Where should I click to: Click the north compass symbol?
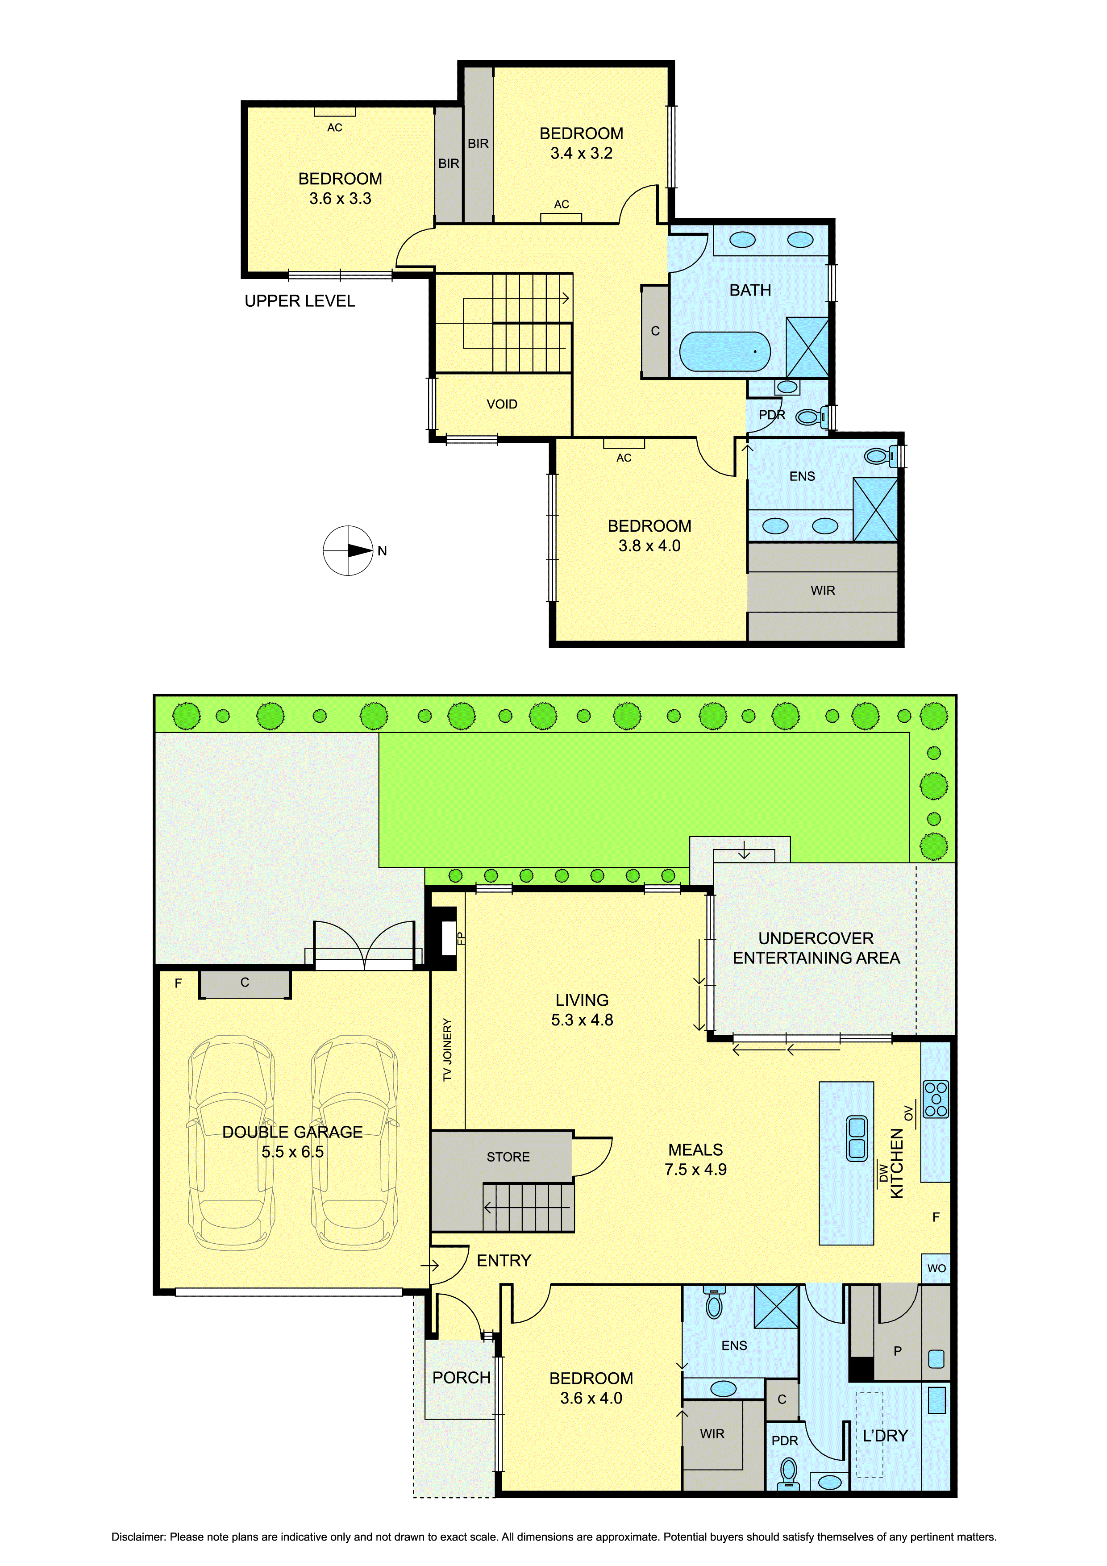coord(349,550)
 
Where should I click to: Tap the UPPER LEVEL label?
coord(300,301)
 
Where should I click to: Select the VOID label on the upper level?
coord(502,404)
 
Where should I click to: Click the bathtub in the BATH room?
coord(725,351)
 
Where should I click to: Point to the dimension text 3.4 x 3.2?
coord(582,154)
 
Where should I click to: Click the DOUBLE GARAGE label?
coord(293,1132)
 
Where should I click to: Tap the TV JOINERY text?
coord(447,1050)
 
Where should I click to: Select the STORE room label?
coord(508,1157)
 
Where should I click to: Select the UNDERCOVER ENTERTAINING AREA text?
coord(816,948)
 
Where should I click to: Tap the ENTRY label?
coord(504,1261)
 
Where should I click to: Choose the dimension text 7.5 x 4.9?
coord(696,1169)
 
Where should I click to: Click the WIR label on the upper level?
coord(823,591)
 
